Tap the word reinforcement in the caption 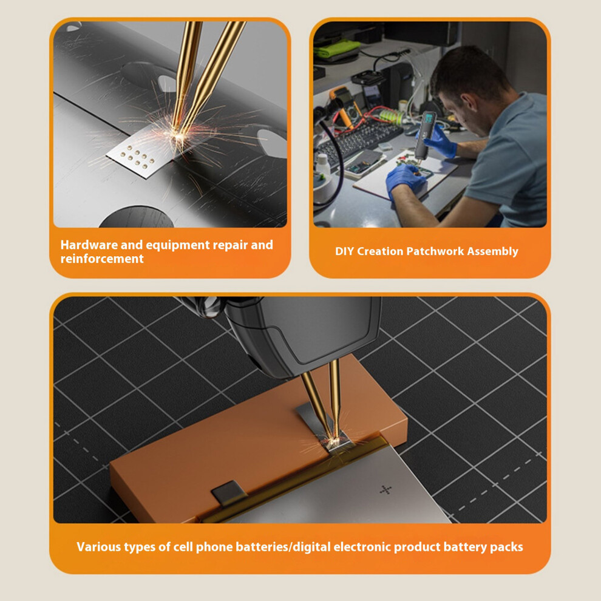pyautogui.click(x=102, y=259)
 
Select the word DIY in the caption pyautogui.click(x=344, y=251)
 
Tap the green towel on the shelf pyautogui.click(x=336, y=49)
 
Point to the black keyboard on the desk pyautogui.click(x=358, y=139)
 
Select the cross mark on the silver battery pyautogui.click(x=385, y=489)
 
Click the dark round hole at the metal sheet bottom pyautogui.click(x=136, y=217)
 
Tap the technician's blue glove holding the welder pyautogui.click(x=441, y=140)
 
